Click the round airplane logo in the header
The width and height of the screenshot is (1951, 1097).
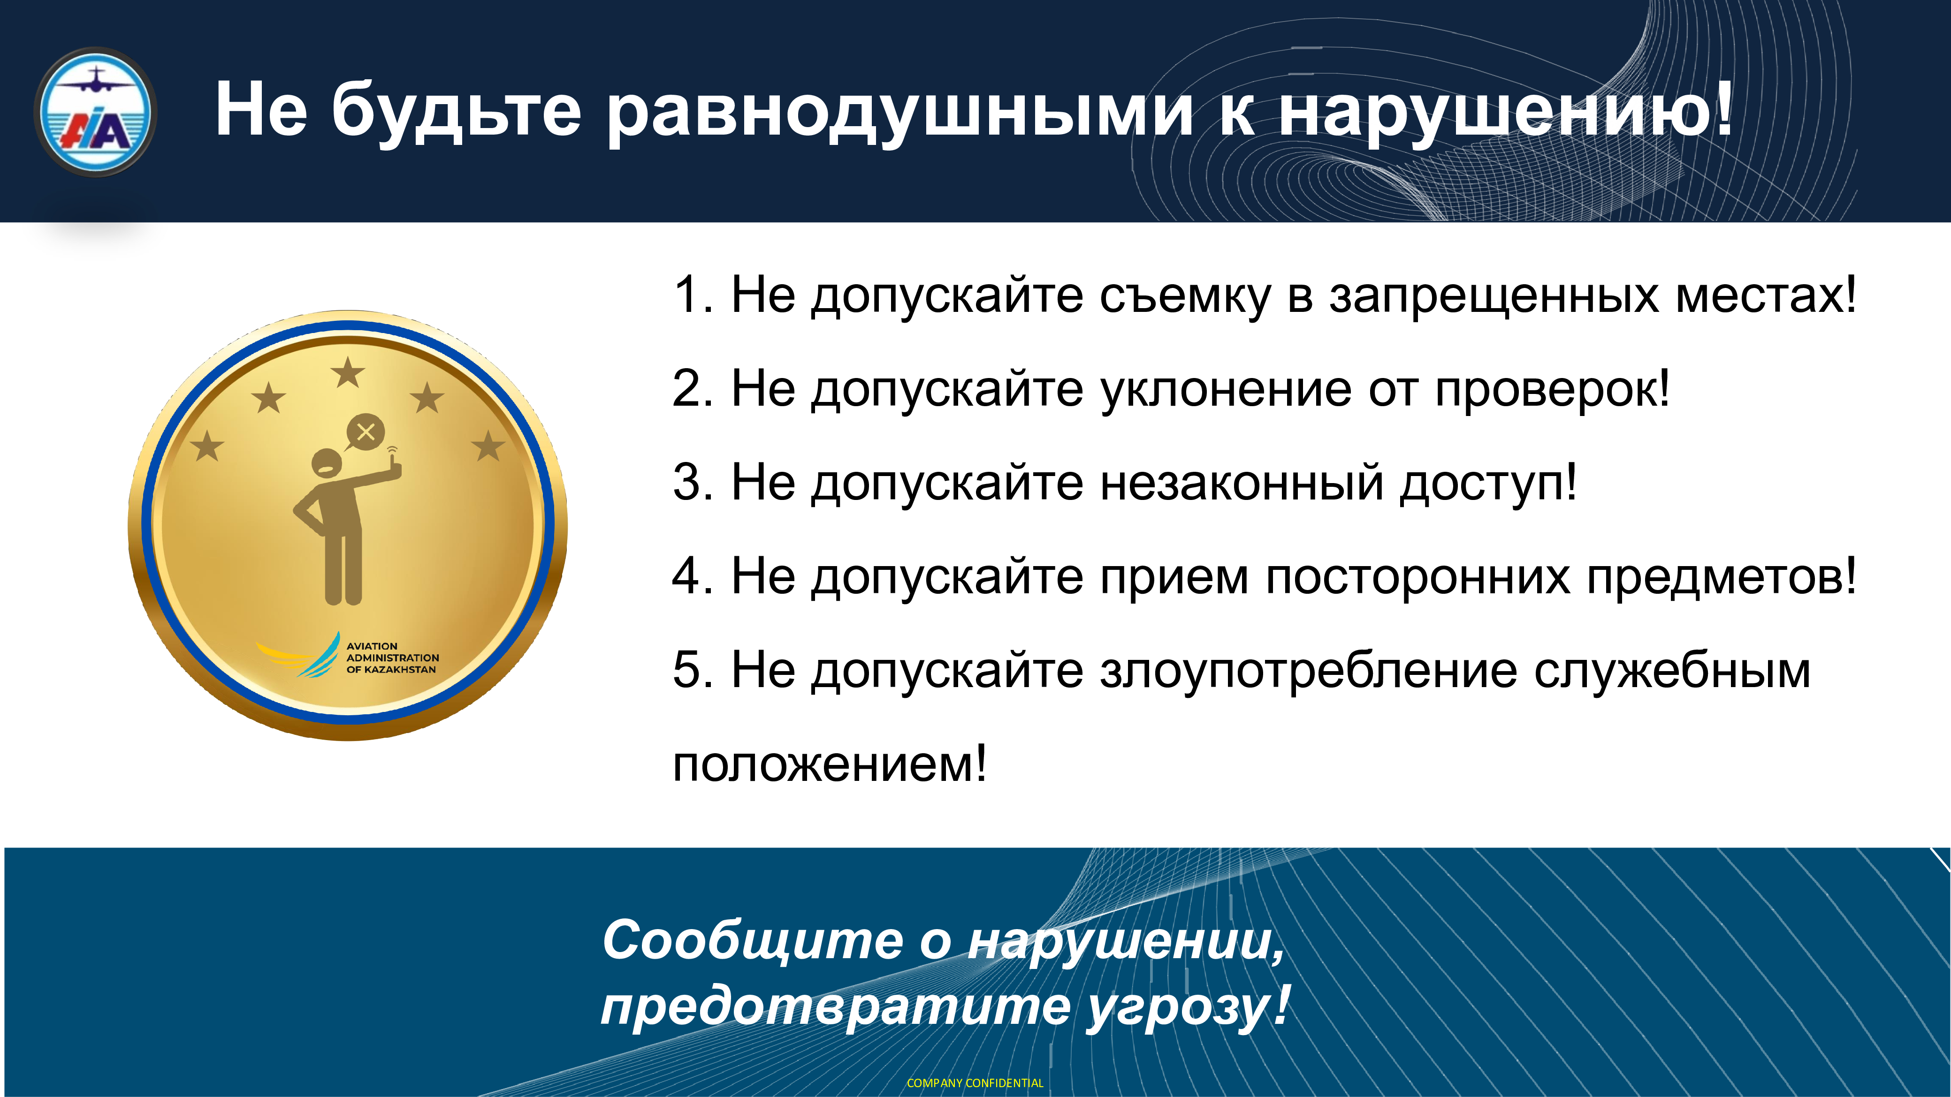click(95, 112)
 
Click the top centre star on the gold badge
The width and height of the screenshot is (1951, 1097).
click(348, 372)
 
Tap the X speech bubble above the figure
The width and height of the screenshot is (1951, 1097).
click(365, 433)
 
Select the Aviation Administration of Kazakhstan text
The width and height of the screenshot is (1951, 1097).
click(392, 658)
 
